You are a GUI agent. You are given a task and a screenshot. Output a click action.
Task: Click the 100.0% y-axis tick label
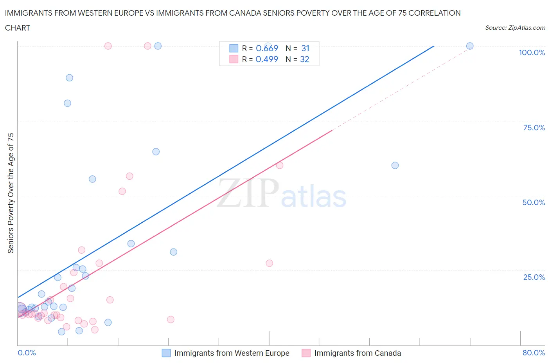pos(532,52)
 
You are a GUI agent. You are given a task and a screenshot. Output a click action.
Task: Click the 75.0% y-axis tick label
pos(534,128)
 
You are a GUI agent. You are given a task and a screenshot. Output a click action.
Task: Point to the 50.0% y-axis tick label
pos(534,202)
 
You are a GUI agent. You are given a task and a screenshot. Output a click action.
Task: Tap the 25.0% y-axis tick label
pos(534,277)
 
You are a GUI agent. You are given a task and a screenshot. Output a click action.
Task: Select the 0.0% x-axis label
pos(27,353)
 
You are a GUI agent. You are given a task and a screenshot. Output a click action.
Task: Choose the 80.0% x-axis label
pos(534,353)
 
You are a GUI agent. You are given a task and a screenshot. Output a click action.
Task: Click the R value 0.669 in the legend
pos(267,48)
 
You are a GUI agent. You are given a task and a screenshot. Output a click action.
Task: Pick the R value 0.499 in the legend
pos(267,59)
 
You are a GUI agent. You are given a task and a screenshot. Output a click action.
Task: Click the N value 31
pos(305,48)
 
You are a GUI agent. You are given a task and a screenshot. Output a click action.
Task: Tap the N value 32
pos(305,59)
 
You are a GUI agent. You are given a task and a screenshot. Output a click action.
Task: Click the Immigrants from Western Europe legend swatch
pos(166,353)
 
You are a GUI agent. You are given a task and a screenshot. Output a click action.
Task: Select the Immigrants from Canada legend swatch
pos(306,353)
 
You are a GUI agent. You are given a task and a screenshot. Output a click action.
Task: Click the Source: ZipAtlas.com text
pos(515,27)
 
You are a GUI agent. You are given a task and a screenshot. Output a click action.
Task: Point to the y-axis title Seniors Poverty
pos(11,193)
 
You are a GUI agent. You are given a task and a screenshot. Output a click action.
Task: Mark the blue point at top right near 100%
pos(470,46)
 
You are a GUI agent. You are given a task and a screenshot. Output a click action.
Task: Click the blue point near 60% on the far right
pos(395,165)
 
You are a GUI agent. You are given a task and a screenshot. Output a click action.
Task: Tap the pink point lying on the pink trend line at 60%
pos(280,165)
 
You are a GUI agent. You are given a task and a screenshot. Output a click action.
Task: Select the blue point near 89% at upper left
pos(69,77)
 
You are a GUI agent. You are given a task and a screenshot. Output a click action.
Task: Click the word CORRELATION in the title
pos(434,13)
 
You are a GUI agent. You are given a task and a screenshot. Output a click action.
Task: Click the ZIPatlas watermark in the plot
pos(282,193)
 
